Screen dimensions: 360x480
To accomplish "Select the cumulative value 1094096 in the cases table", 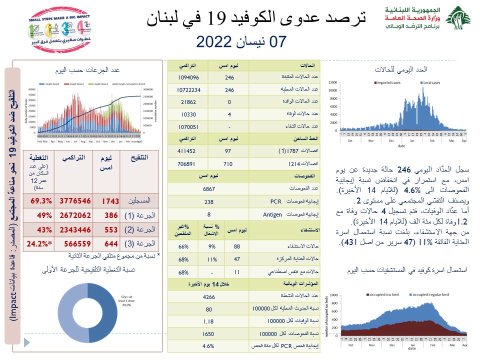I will point(188,77).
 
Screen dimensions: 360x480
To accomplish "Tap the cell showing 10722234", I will point(188,90).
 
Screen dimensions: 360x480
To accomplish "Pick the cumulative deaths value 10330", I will point(188,114).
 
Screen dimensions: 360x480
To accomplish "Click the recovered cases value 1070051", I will point(188,126).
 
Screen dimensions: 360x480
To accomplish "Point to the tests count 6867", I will point(208,189).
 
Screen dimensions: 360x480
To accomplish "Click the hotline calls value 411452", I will point(188,150).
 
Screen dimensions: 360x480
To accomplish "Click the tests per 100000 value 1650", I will point(208,333).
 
